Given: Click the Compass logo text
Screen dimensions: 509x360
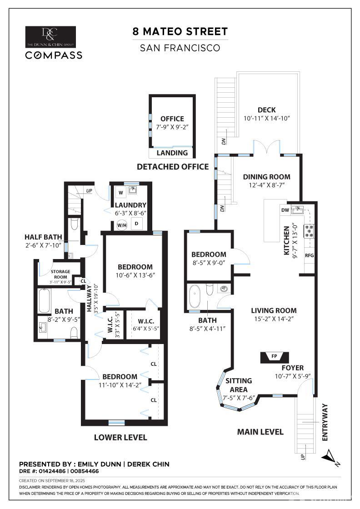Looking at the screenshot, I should (54, 55).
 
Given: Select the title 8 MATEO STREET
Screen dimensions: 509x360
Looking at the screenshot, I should (180, 32).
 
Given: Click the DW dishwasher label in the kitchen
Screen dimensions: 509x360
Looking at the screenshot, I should (285, 210).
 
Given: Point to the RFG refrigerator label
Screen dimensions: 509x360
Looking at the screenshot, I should (309, 255).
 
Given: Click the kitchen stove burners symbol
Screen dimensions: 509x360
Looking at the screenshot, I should (309, 231).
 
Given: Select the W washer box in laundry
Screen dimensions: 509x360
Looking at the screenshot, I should (120, 192).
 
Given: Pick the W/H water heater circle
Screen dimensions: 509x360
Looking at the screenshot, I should (122, 225).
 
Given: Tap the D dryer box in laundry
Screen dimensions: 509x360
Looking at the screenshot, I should (137, 223).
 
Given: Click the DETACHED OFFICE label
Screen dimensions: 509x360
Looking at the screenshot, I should (173, 167).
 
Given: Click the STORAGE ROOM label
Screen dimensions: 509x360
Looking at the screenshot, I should (60, 274).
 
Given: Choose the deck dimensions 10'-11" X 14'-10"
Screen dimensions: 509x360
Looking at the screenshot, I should (266, 118).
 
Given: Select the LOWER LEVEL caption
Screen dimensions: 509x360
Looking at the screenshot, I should (120, 437).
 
